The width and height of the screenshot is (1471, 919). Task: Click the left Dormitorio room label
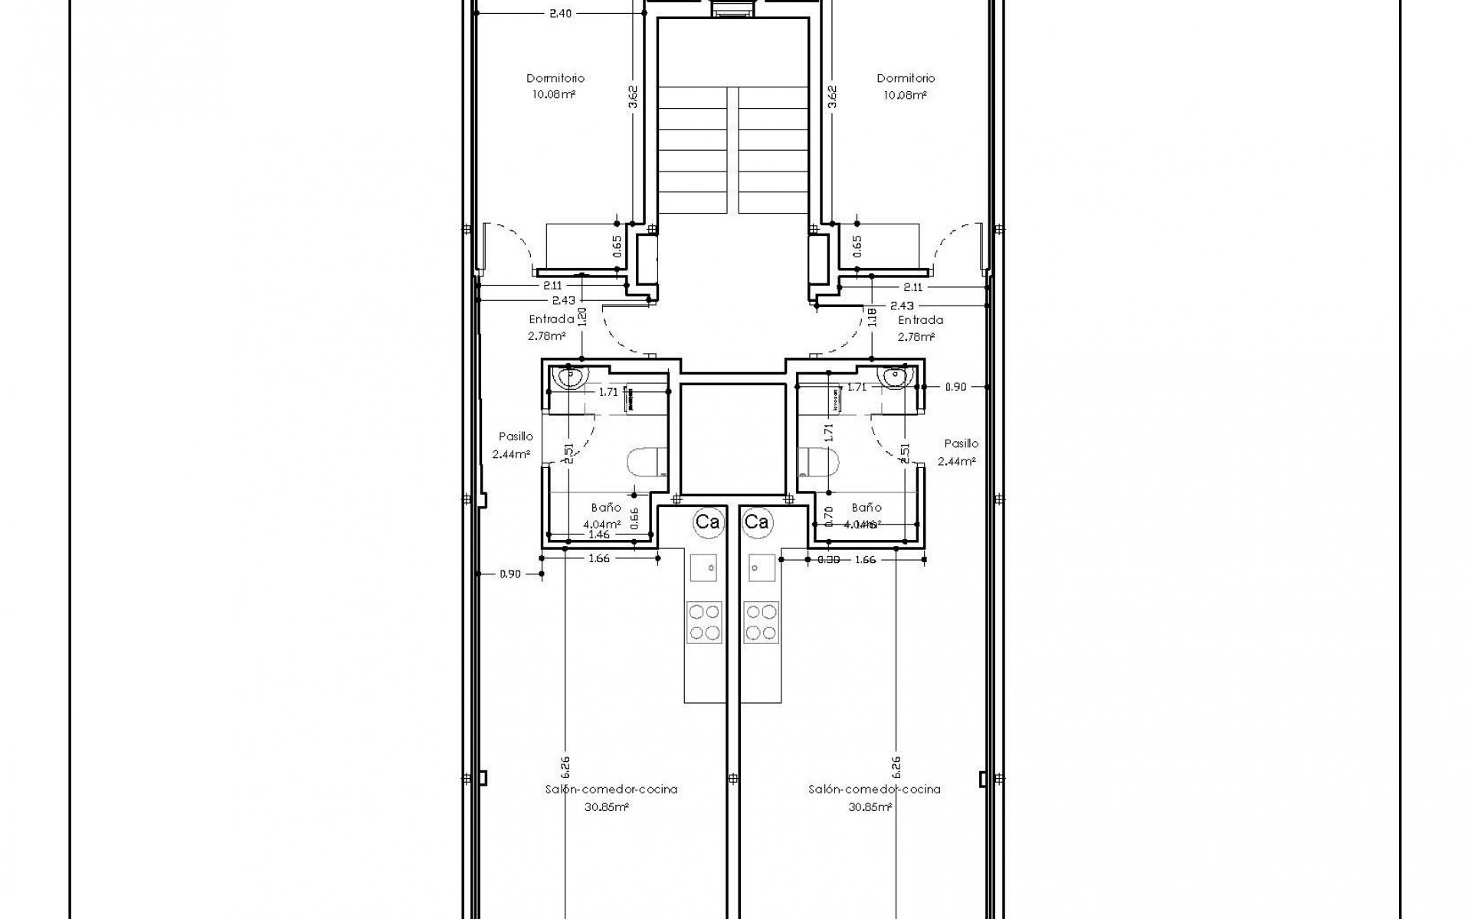coord(555,78)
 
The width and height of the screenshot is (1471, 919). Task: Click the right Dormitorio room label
coord(906,78)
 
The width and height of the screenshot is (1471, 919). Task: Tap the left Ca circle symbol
coord(707,522)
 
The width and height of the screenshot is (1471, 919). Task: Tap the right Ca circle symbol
coord(757,522)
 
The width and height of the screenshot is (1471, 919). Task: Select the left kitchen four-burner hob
coord(704,622)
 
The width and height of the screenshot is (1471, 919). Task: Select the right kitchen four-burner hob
coord(761,622)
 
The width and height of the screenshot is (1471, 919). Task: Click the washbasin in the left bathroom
coord(570,377)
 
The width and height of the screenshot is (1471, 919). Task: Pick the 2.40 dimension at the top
coord(561,13)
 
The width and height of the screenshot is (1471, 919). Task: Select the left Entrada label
coord(552,319)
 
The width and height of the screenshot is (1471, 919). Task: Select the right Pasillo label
coord(961,443)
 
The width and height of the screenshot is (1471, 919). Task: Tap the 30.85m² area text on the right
coord(870,807)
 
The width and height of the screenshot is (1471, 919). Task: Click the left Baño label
coord(606,507)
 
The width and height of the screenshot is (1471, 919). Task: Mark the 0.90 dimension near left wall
coord(509,574)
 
